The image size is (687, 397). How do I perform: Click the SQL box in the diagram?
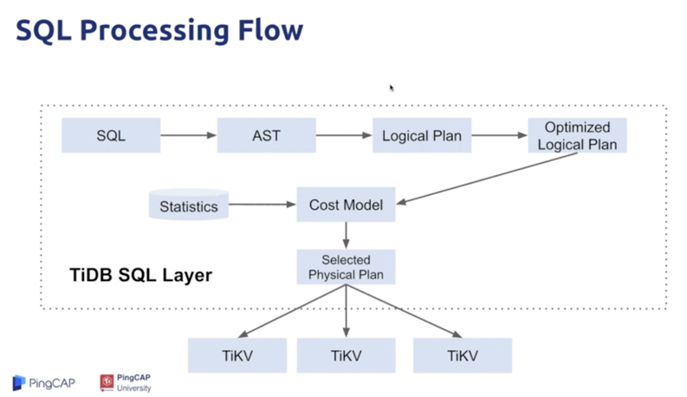[111, 135]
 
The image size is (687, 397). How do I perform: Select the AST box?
[266, 135]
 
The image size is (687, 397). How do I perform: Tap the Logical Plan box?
[422, 135]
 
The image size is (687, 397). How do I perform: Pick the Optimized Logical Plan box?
[577, 135]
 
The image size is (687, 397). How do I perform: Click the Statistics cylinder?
[188, 205]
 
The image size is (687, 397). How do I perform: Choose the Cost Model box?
[347, 205]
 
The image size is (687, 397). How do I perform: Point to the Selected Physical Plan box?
[347, 267]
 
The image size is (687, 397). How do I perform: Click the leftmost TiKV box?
[237, 355]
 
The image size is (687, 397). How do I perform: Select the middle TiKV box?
[347, 355]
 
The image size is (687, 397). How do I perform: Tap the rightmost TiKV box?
[463, 355]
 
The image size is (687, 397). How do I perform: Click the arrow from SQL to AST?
[188, 135]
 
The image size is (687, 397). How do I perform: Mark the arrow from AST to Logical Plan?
[344, 135]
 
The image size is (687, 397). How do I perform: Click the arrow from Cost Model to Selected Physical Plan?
[347, 236]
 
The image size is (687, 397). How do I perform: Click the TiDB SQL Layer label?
[140, 276]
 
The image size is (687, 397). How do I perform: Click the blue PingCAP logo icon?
[19, 382]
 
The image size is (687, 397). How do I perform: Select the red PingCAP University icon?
[107, 381]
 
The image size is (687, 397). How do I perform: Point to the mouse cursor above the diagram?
[392, 88]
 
